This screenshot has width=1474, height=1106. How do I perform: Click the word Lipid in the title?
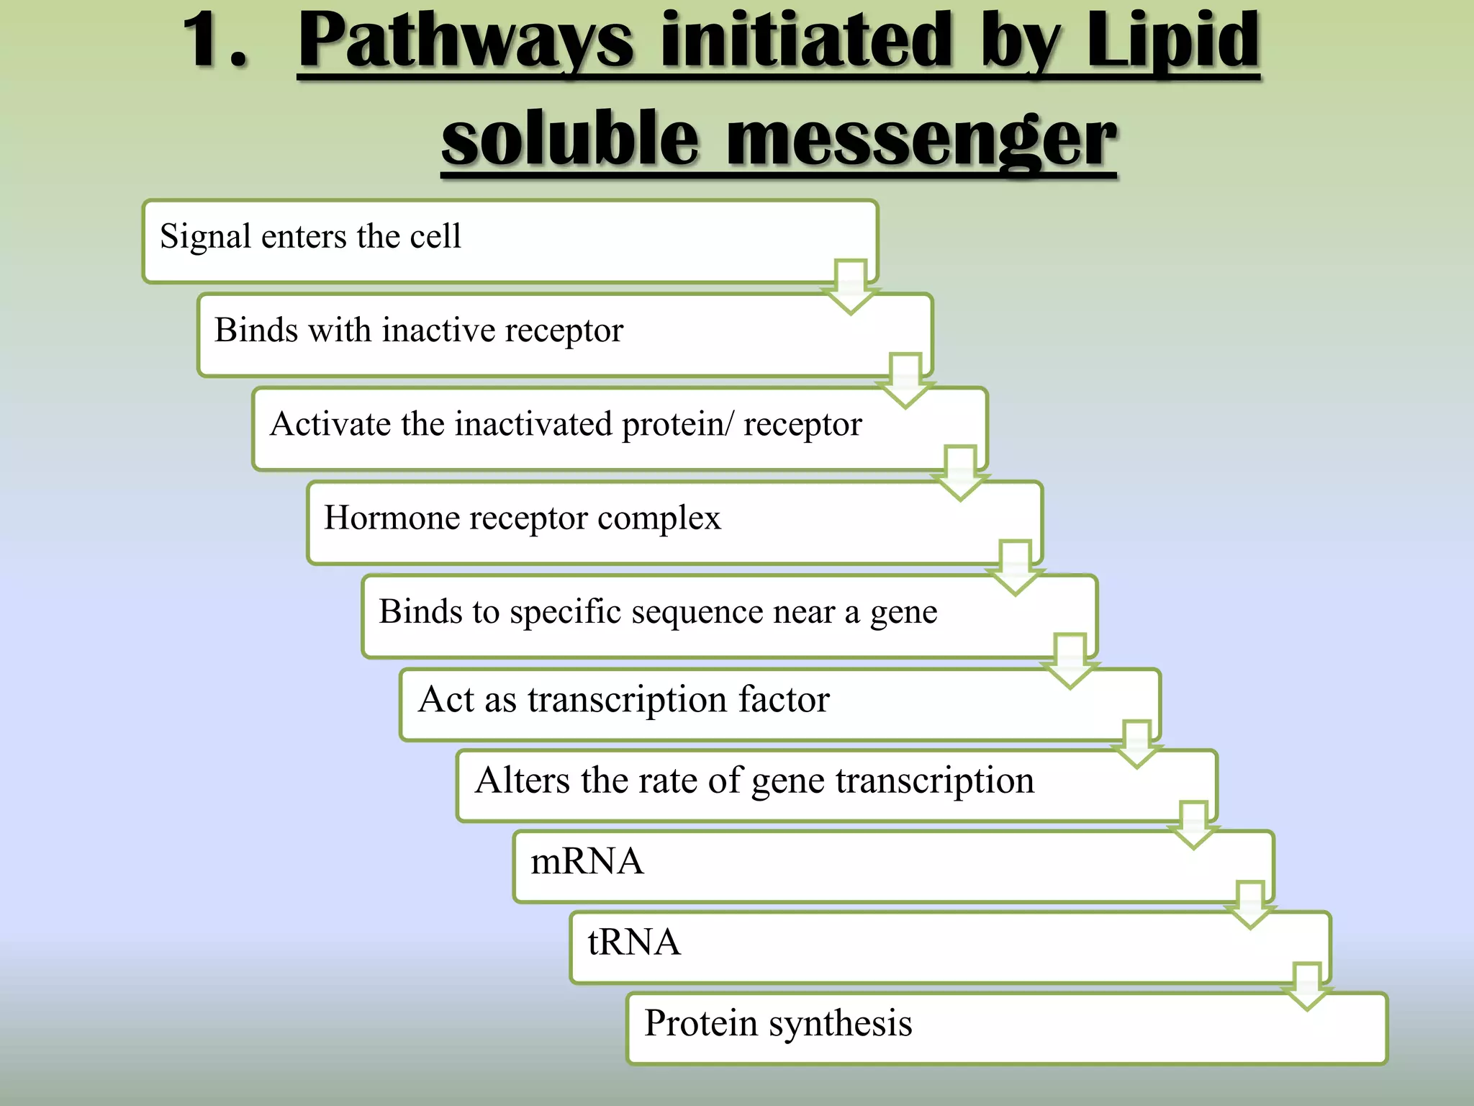coord(1172,42)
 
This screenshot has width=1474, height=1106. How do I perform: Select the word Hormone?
coord(385,517)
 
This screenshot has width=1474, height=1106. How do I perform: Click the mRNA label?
coord(587,861)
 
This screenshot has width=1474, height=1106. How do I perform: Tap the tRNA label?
coord(633,942)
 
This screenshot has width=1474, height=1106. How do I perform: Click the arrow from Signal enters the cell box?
coord(851,287)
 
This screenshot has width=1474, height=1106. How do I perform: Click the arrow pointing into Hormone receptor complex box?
coord(960,474)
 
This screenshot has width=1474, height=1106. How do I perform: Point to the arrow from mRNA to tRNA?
coord(1250,904)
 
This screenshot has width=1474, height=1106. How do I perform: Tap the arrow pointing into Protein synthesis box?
coord(1306,986)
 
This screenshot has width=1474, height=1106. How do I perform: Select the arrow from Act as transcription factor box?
coord(1136,744)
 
